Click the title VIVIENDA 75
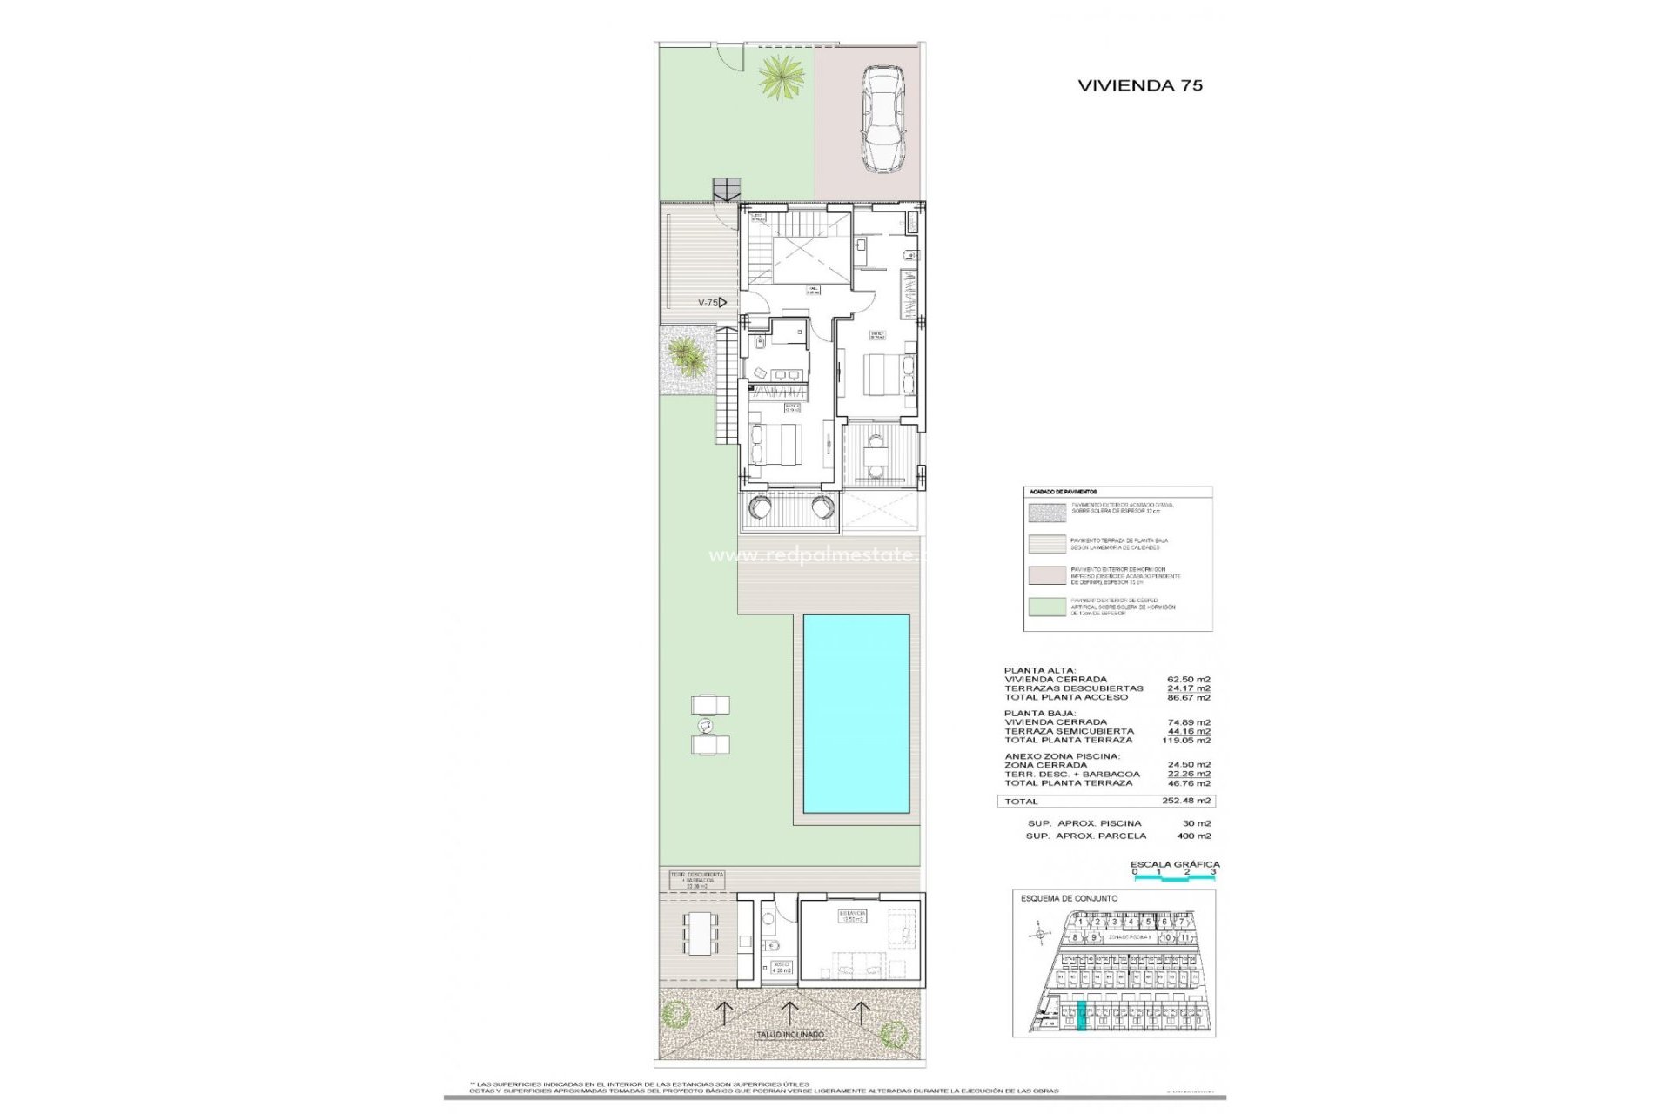tap(1139, 85)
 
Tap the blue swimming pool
tap(856, 713)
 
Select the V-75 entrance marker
tap(712, 303)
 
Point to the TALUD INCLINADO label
tap(789, 1035)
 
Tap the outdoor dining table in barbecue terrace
tap(701, 932)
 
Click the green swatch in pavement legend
tap(1047, 607)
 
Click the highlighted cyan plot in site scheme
tap(1082, 1017)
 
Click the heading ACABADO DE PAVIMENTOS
tap(1063, 493)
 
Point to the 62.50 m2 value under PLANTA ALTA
tap(1188, 680)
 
